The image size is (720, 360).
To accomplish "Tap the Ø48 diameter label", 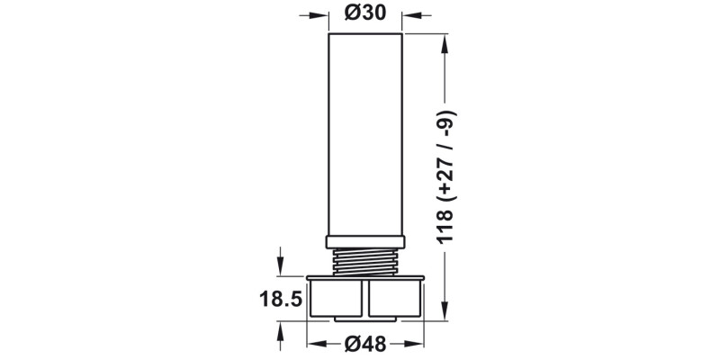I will click(x=364, y=343).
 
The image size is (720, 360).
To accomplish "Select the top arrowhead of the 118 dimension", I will click(x=444, y=42).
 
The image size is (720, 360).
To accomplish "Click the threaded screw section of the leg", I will click(x=364, y=262).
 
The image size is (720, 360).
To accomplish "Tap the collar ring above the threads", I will click(x=364, y=241).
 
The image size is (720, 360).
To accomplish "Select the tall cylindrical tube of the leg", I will click(x=364, y=135).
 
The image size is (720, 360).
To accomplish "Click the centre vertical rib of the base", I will click(x=364, y=300).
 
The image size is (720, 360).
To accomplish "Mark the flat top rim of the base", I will click(x=364, y=278).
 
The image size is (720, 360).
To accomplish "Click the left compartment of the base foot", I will click(x=336, y=299).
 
